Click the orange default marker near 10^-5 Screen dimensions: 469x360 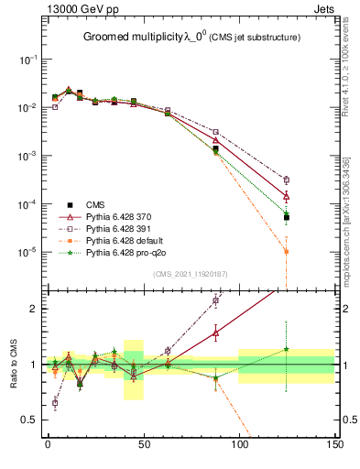pos(287,251)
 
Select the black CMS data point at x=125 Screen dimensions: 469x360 pos(287,218)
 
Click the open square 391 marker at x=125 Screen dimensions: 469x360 pos(287,180)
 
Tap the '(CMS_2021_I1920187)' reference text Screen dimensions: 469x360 pos(190,274)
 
